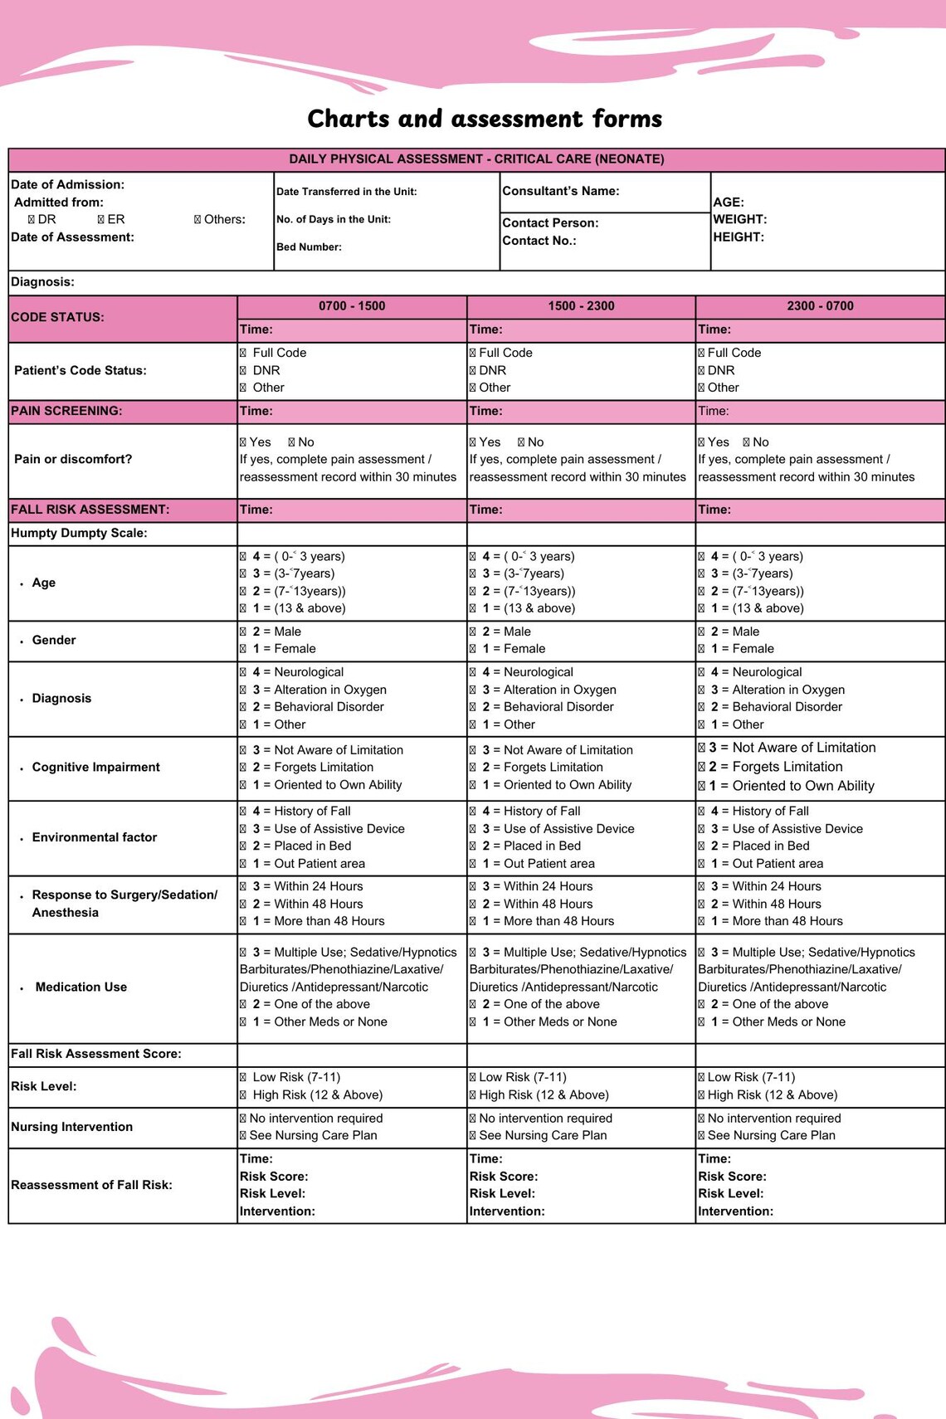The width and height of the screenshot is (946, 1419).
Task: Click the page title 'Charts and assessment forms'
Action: click(x=485, y=119)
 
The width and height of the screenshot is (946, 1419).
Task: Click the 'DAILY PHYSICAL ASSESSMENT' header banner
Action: click(x=476, y=159)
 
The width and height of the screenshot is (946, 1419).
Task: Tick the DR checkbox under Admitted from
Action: click(x=32, y=220)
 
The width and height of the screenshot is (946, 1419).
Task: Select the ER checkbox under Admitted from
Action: click(x=100, y=220)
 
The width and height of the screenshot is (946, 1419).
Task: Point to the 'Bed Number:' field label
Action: click(x=309, y=247)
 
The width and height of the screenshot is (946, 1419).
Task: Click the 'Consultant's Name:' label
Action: click(x=560, y=191)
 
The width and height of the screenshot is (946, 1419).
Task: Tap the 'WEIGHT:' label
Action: click(x=739, y=220)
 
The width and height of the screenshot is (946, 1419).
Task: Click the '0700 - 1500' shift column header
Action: click(x=352, y=306)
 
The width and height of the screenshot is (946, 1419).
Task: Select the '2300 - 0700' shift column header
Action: click(x=820, y=306)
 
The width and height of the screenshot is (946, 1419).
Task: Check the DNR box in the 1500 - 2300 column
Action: click(x=473, y=371)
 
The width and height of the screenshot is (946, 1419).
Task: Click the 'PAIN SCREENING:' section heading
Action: click(x=66, y=411)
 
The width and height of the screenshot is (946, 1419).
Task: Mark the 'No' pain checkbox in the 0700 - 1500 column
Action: click(x=292, y=442)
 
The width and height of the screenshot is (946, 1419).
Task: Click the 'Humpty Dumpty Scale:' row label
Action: click(x=79, y=533)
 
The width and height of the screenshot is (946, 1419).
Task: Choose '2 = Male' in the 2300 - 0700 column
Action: click(x=702, y=632)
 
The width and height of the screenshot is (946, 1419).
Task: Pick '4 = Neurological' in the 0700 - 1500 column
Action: click(x=243, y=672)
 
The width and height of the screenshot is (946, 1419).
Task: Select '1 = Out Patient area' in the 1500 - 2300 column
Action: click(x=473, y=864)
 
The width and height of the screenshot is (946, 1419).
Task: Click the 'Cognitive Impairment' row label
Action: click(x=95, y=767)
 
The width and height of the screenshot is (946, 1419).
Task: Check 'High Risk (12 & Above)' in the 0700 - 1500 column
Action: click(x=243, y=1095)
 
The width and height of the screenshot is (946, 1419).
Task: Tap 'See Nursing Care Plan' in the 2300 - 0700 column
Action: click(x=702, y=1136)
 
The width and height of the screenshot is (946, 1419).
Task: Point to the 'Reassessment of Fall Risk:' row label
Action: click(x=91, y=1185)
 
